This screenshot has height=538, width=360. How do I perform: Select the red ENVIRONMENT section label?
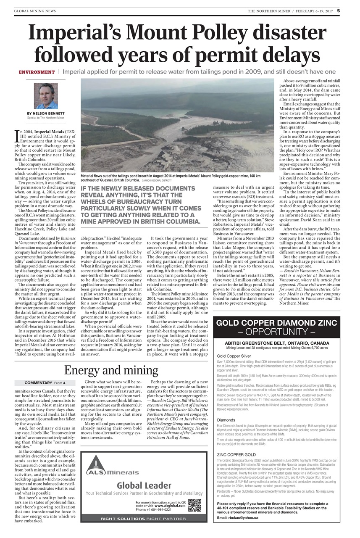(37, 72)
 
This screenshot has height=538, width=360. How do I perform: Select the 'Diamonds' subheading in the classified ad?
(226, 420)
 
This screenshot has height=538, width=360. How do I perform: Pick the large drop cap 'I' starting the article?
(17, 135)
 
